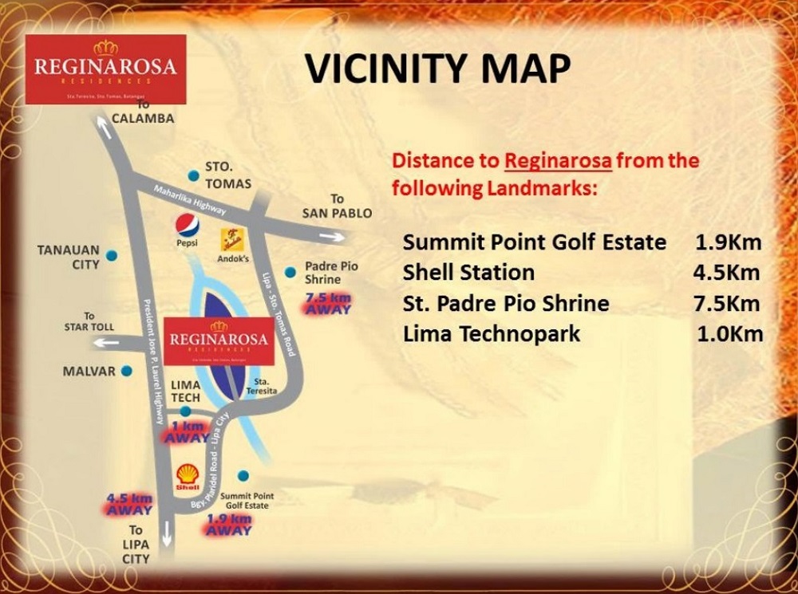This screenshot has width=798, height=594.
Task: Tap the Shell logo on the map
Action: (187, 475)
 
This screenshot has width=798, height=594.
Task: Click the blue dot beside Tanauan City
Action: (111, 255)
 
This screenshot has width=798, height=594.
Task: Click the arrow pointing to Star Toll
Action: (104, 342)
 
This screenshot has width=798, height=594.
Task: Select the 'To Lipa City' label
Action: (136, 544)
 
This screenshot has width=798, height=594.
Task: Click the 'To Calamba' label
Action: (144, 112)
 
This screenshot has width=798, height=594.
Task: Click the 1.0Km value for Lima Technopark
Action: (730, 333)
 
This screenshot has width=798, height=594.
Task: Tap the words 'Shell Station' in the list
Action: (468, 273)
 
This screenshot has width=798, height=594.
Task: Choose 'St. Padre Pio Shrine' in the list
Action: (506, 303)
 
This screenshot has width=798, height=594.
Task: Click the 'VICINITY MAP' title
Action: (438, 69)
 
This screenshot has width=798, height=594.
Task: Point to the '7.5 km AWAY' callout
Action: (328, 303)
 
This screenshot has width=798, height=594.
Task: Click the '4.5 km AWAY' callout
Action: (129, 504)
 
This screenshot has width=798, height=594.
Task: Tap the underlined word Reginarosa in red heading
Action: (558, 161)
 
